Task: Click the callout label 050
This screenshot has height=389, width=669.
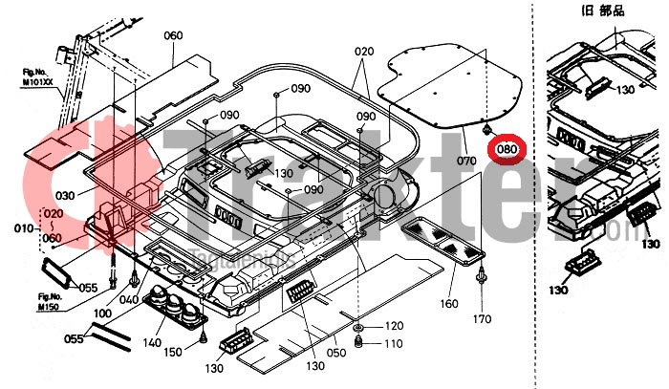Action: tap(335, 353)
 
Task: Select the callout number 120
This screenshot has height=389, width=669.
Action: tap(394, 328)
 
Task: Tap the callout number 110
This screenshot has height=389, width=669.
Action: tap(394, 343)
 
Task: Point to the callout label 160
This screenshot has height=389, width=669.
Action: tap(448, 305)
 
